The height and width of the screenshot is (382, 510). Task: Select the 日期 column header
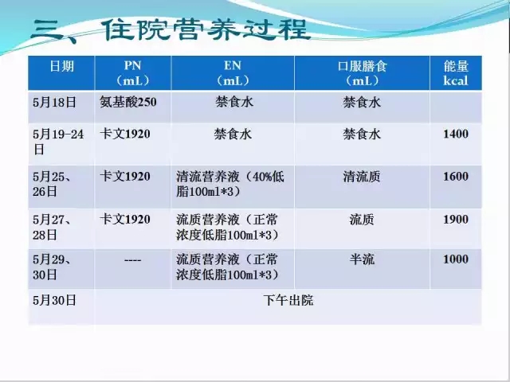pyautogui.click(x=62, y=66)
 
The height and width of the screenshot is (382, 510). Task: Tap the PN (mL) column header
pyautogui.click(x=133, y=73)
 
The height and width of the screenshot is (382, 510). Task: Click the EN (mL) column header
pyautogui.click(x=233, y=73)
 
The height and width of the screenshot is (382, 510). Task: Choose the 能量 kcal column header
pyautogui.click(x=456, y=73)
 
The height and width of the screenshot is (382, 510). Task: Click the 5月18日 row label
pyautogui.click(x=54, y=103)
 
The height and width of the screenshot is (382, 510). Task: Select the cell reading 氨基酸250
pyautogui.click(x=128, y=102)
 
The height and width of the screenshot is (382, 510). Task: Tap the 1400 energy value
pyautogui.click(x=456, y=134)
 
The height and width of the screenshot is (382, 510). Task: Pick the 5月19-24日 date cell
pyautogui.click(x=58, y=142)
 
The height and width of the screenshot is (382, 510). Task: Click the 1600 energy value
pyautogui.click(x=456, y=177)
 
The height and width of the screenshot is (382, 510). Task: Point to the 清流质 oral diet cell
pyautogui.click(x=362, y=177)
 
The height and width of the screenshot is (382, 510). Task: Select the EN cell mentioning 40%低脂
pyautogui.click(x=230, y=184)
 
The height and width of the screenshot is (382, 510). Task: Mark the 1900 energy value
pyautogui.click(x=456, y=220)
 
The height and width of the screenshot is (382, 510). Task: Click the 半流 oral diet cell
pyautogui.click(x=362, y=259)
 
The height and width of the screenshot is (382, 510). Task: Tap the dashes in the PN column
pyautogui.click(x=133, y=260)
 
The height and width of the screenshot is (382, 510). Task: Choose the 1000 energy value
pyautogui.click(x=456, y=259)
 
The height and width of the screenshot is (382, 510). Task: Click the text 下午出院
pyautogui.click(x=288, y=300)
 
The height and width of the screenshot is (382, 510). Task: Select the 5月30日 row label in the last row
pyautogui.click(x=54, y=300)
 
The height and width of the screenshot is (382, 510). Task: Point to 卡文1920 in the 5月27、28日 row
pyautogui.click(x=125, y=220)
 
